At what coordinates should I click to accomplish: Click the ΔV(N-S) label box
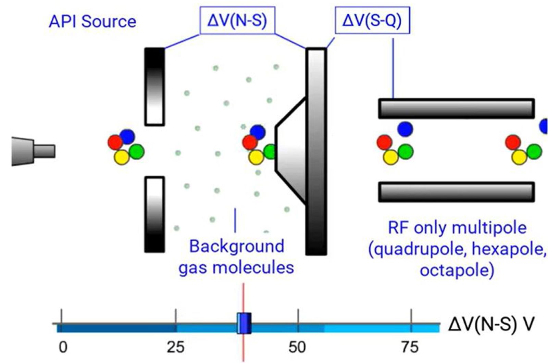tap(237, 21)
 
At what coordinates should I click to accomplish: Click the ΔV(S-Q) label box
tap(372, 21)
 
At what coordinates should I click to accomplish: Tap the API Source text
tap(92, 22)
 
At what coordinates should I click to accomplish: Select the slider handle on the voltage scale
tap(244, 323)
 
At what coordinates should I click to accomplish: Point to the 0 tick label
tap(63, 347)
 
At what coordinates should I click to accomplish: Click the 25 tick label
tap(176, 347)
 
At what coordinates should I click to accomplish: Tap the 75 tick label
tap(410, 347)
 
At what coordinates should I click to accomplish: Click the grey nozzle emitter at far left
tap(33, 151)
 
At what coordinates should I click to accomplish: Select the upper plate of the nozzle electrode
tap(154, 87)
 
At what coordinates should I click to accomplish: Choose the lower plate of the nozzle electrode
tap(154, 214)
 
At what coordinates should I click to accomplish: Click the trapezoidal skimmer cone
tap(291, 151)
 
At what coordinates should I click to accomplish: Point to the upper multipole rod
tap(456, 109)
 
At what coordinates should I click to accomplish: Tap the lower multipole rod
tap(456, 192)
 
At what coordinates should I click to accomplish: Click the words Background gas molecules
tap(236, 257)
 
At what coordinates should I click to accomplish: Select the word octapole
tap(457, 271)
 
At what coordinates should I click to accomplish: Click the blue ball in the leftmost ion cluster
tap(127, 137)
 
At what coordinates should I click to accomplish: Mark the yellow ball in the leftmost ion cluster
tap(122, 157)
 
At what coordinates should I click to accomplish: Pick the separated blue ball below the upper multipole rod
tap(405, 129)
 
